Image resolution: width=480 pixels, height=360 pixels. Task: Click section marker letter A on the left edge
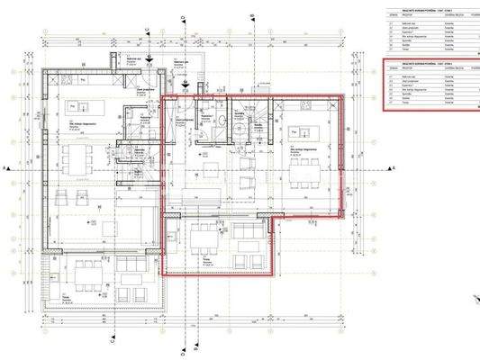click(x=6, y=168)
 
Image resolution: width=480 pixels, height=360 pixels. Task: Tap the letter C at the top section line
click(x=148, y=28)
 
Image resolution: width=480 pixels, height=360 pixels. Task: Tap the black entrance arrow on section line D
click(x=184, y=86)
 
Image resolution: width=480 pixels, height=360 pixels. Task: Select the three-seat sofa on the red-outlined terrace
click(x=244, y=237)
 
